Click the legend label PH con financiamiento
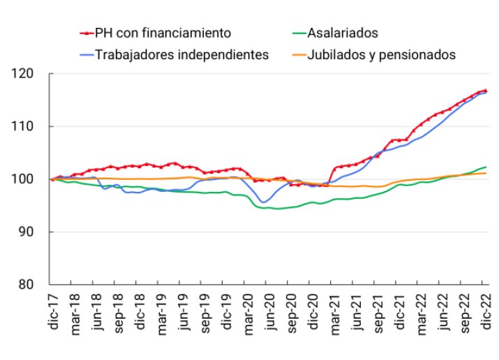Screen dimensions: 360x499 pos(162,32)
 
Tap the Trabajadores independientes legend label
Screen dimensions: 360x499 pos(181,54)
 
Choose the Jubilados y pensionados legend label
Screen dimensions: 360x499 pos(382,54)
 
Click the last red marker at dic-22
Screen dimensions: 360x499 pos(485,91)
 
